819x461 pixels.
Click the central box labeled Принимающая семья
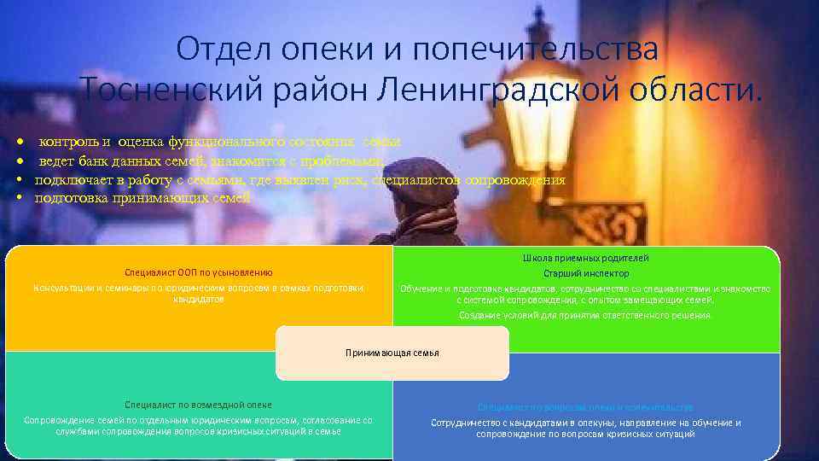(392, 353)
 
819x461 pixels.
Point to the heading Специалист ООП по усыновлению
(199, 272)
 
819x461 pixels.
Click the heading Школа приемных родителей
(586, 258)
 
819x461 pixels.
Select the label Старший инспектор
(586, 273)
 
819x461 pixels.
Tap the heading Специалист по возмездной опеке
(198, 405)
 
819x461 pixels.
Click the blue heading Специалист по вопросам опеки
(585, 408)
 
